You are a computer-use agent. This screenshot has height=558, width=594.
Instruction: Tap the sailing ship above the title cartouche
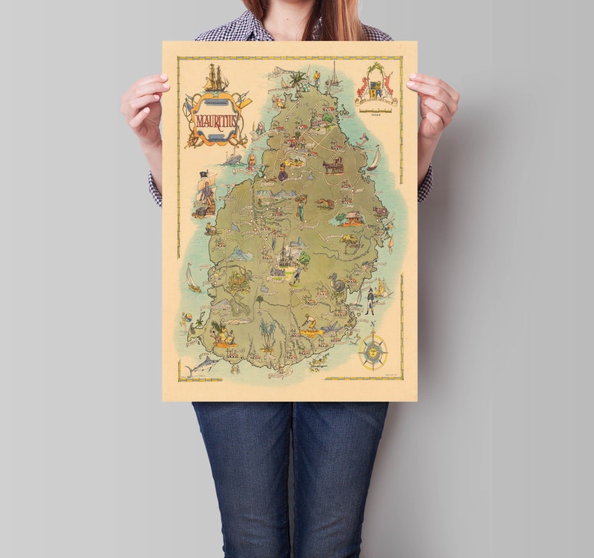pos(216,78)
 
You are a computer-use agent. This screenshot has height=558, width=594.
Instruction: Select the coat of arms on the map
pos(376,85)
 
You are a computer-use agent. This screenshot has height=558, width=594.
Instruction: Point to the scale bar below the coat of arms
pos(376,110)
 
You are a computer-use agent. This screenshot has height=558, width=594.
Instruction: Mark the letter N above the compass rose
pos(373,325)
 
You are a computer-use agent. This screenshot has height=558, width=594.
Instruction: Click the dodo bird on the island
pos(338,283)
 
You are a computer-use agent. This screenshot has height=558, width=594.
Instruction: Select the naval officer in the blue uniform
pos(370,300)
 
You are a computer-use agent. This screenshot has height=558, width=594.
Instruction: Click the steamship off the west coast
pos(233,159)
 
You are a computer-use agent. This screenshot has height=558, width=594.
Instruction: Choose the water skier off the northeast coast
pos(364,138)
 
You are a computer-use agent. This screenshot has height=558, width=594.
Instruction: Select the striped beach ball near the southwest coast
pos(187,317)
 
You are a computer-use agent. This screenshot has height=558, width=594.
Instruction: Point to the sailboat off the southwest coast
pos(193,277)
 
